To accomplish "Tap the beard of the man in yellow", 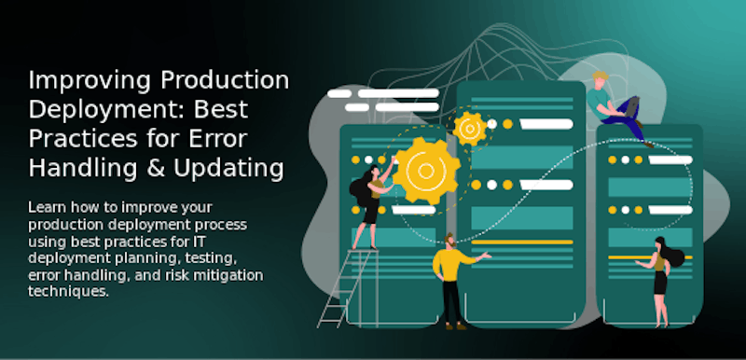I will [449, 245].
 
